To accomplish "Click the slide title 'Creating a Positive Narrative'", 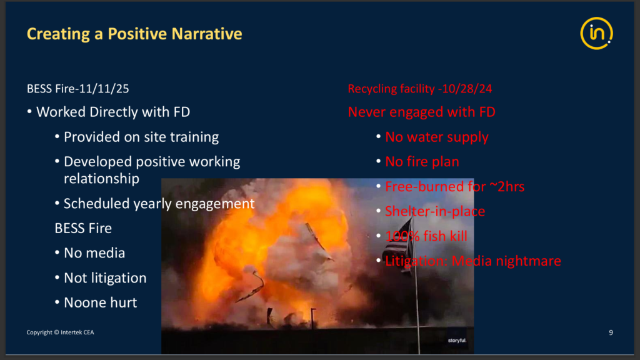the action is click(134, 34).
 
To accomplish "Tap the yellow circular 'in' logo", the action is click(596, 34).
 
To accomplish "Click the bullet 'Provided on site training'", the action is click(141, 137).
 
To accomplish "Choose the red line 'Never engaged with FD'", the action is click(422, 112).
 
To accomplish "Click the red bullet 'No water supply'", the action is click(437, 137).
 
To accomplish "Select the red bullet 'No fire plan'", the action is click(422, 162).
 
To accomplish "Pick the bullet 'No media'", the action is click(94, 253).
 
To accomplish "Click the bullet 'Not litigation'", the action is click(105, 278).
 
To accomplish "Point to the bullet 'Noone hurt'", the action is click(101, 303).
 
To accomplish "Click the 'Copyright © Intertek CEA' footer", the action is click(61, 332).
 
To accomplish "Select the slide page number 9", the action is click(611, 332).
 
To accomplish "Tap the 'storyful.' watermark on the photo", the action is click(457, 341).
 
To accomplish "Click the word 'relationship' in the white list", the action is click(102, 179).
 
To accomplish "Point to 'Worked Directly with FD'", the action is click(113, 112).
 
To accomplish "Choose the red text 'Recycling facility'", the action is click(391, 89).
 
